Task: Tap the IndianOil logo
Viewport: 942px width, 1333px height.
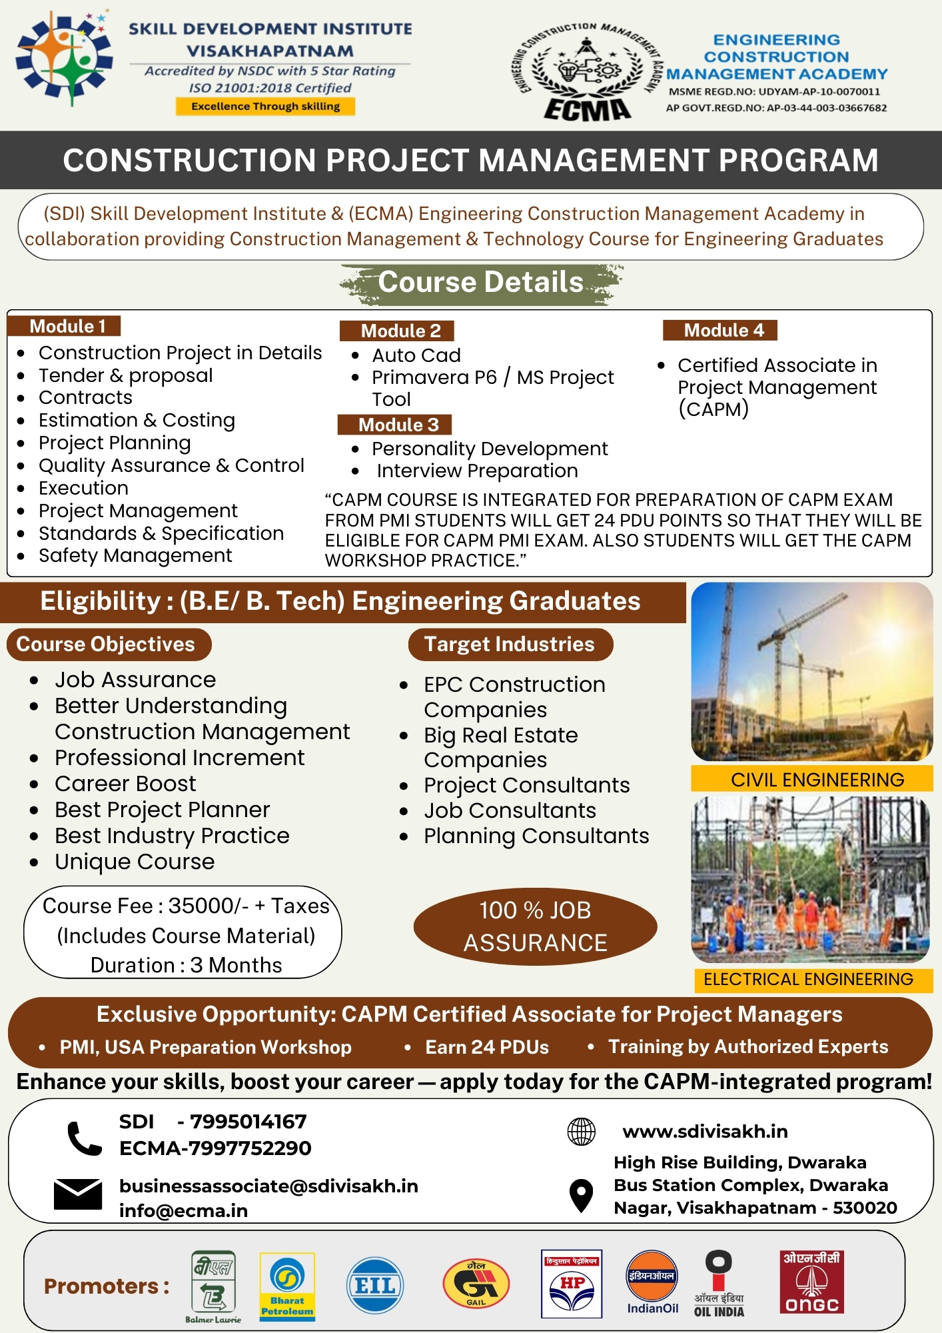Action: (652, 1282)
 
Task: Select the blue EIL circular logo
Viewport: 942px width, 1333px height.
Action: (375, 1285)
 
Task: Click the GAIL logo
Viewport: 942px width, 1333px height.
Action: (476, 1283)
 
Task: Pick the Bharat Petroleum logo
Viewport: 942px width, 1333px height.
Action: (287, 1286)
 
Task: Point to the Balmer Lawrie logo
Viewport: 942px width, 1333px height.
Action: (213, 1286)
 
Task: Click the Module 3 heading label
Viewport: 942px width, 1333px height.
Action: (395, 425)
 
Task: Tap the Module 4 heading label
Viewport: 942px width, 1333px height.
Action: (720, 330)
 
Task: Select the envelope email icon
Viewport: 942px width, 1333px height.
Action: (78, 1194)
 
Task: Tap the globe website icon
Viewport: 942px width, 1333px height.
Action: (581, 1131)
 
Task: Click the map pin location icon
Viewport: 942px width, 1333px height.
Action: (581, 1195)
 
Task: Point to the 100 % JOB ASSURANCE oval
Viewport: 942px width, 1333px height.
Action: (535, 926)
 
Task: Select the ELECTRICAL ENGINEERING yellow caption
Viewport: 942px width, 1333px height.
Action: (808, 978)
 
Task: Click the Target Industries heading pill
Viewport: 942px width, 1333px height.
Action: (510, 644)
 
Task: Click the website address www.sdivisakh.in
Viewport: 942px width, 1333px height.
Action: (705, 1131)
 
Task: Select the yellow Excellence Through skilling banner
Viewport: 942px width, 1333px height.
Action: (265, 106)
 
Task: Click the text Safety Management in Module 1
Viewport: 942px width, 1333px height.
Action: (135, 555)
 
